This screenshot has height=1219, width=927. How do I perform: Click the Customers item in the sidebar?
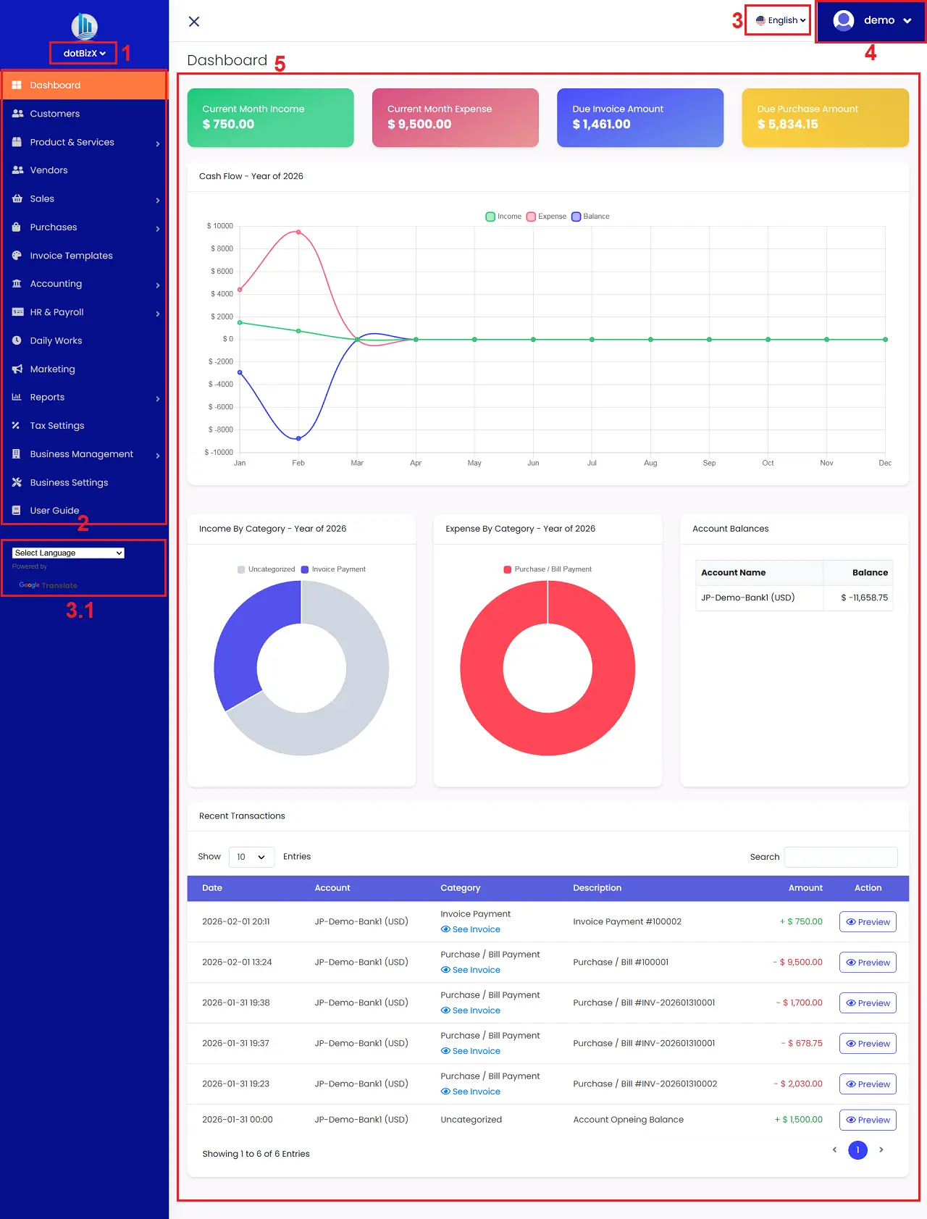54,114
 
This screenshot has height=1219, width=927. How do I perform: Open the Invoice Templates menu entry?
71,256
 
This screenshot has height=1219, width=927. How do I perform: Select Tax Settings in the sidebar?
56,426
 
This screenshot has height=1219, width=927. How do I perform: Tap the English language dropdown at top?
780,20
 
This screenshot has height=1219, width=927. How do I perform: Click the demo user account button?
872,20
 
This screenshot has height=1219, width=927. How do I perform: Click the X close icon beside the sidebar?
194,22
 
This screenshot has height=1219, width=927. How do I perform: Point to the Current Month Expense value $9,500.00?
419,125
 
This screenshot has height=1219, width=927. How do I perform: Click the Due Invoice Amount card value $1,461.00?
601,125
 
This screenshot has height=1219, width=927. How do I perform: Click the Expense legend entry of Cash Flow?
547,217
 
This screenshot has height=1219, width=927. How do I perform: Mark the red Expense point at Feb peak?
298,233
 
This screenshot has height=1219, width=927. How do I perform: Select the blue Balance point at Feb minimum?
298,438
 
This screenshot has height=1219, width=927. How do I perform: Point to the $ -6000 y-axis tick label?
220,407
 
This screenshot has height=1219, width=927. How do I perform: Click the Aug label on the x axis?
650,463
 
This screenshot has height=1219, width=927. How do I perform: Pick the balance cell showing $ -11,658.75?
864,598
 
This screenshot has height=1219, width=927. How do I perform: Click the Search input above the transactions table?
840,857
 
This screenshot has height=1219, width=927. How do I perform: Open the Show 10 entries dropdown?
251,857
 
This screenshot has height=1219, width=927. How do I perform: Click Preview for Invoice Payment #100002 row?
868,922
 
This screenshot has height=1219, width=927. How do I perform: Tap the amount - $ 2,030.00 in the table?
798,1084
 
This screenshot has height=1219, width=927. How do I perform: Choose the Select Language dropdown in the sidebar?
68,553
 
